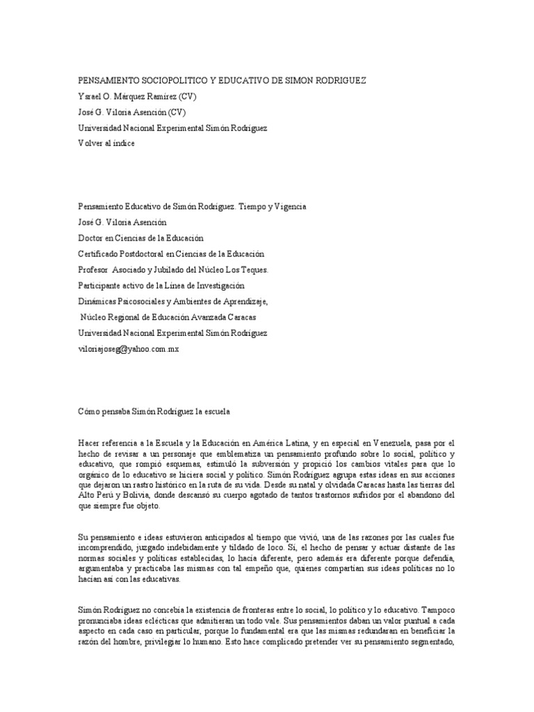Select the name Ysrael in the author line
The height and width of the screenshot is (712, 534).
click(90, 97)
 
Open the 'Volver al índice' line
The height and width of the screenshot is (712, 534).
click(106, 143)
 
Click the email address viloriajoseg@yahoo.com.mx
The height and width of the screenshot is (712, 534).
click(128, 349)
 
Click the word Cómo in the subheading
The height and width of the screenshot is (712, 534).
click(88, 412)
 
